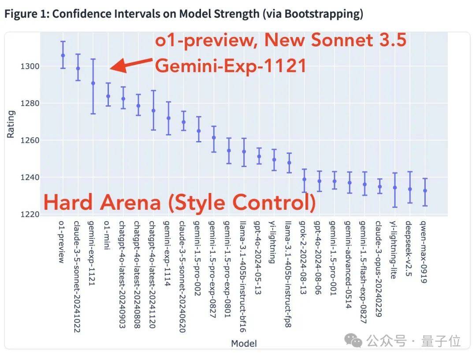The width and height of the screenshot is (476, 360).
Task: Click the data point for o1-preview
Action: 63,56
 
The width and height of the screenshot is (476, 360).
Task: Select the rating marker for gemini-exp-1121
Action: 93,83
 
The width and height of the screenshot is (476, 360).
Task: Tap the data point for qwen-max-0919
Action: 425,191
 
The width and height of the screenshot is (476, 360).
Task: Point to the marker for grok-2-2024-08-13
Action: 304,179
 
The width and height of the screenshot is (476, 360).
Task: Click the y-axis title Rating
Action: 11,124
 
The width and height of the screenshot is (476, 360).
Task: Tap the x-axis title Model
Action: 244,343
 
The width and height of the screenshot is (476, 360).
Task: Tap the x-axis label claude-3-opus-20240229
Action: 379,268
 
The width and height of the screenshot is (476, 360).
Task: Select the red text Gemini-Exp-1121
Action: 231,66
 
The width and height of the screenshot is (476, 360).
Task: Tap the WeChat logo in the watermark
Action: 355,340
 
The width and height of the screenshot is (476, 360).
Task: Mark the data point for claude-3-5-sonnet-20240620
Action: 183,122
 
